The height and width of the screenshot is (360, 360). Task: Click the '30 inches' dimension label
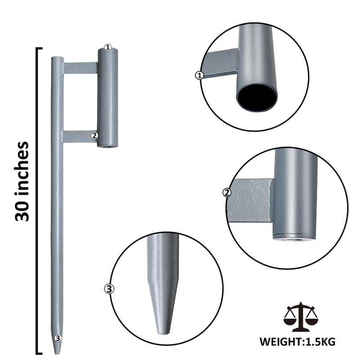[x=22, y=181]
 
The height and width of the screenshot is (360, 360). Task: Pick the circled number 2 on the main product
[x=94, y=135]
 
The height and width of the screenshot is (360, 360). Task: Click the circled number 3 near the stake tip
[x=57, y=337]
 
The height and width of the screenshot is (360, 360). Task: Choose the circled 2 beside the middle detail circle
[x=227, y=193]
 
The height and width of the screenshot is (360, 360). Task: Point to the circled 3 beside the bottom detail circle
[x=108, y=288]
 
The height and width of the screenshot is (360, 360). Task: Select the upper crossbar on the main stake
[x=80, y=68]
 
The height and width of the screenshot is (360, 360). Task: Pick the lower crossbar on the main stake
[x=80, y=136]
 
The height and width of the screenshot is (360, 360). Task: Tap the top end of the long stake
[x=57, y=58]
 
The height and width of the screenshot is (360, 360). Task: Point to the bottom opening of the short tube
[x=108, y=145]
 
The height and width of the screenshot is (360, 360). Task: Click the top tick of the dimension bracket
[x=39, y=48]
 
